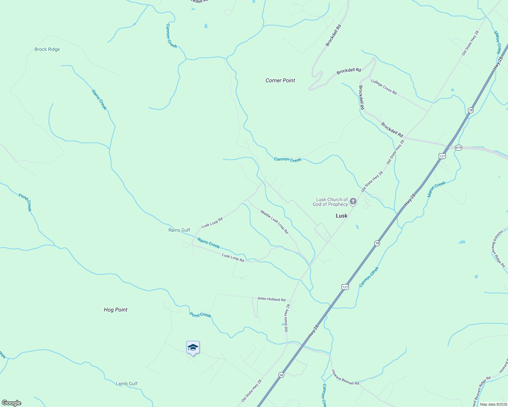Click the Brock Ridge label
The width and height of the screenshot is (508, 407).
coord(47,50)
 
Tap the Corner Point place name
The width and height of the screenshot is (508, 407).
coord(280,80)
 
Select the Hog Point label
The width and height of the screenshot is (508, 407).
coord(115,310)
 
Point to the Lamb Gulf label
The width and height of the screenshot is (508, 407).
coord(127,384)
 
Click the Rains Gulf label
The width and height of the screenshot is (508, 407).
coord(179,230)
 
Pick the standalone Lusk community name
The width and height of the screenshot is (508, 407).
coord(342,216)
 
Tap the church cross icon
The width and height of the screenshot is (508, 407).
coord(353,202)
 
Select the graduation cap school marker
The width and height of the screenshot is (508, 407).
coord(193,348)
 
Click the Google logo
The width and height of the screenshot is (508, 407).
coord(11,403)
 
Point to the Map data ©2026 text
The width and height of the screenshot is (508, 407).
coord(493,404)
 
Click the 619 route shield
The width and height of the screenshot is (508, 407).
coord(458,148)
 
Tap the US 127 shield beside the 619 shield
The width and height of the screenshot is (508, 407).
coord(442,156)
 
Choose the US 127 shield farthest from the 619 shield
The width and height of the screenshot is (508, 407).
coord(345,287)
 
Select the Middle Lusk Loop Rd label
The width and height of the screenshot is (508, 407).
coord(274,222)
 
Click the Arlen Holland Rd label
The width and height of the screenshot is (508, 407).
coord(271,299)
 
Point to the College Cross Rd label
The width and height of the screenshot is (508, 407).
coord(384,87)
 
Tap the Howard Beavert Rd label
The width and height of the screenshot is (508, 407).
coord(345,377)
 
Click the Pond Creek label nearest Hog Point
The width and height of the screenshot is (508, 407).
coord(200,315)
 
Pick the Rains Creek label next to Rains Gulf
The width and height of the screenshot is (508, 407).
coord(208,243)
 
